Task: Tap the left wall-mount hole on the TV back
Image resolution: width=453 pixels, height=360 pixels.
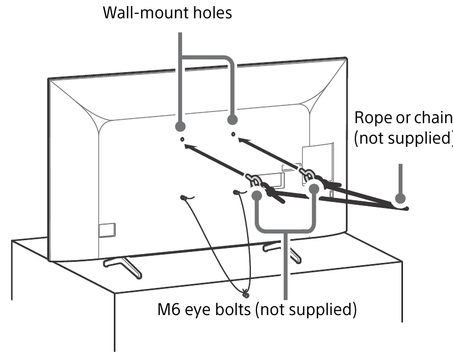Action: coord(183,140)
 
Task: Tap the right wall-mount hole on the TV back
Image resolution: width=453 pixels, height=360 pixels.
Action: coord(233,134)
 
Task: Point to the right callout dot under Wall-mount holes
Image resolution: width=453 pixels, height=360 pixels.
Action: coord(233,119)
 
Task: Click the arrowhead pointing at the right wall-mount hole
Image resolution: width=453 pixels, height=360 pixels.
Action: coord(240,140)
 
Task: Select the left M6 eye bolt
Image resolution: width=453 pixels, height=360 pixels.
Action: coord(254,181)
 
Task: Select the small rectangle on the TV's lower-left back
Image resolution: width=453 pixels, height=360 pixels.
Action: coord(107,228)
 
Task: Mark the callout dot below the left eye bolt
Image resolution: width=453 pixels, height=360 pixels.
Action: coord(257,195)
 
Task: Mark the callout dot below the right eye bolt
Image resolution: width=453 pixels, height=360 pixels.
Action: coord(314,189)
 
